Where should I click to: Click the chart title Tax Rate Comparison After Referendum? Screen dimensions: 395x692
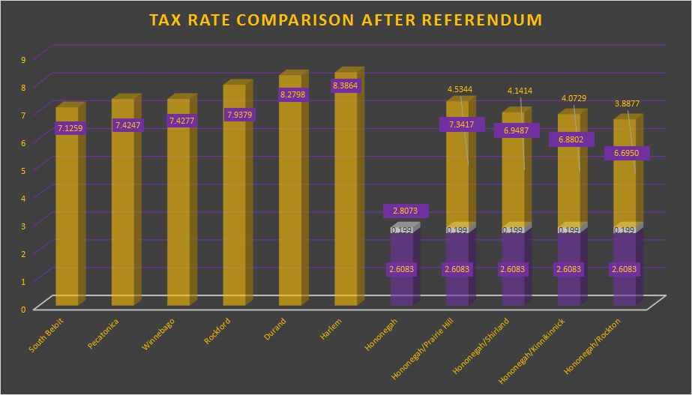pos(346,20)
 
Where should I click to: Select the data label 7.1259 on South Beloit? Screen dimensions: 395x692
pos(70,128)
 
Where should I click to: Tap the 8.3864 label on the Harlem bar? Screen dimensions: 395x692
pos(346,86)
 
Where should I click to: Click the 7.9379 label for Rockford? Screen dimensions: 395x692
pos(239,115)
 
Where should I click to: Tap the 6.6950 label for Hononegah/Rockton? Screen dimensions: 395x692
pos(627,153)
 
